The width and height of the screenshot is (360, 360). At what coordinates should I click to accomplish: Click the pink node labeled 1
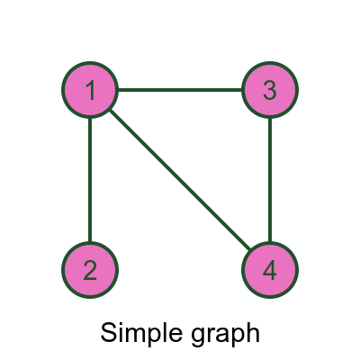click(x=90, y=90)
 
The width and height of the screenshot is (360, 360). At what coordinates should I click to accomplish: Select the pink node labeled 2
click(x=90, y=270)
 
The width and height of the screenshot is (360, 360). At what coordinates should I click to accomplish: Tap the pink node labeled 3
click(x=270, y=90)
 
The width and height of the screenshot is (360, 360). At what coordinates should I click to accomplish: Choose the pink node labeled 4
click(x=270, y=270)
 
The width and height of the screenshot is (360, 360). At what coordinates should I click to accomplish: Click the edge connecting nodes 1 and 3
click(x=180, y=90)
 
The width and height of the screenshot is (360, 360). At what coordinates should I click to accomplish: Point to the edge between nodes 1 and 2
click(x=90, y=180)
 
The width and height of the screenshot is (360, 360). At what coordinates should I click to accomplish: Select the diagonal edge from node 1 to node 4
click(x=180, y=180)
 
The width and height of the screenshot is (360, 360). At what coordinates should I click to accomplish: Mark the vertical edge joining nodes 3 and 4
click(x=270, y=180)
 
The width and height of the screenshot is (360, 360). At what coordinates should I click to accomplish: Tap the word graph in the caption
click(x=220, y=335)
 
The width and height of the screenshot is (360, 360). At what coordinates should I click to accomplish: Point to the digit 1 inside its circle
click(x=90, y=90)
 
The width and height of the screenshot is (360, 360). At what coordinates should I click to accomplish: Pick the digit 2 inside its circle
click(x=90, y=270)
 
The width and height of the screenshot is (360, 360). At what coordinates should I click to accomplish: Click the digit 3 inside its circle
click(x=270, y=90)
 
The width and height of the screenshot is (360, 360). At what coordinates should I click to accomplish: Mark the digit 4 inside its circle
click(x=270, y=270)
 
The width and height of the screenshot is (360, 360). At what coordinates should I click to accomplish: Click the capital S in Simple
click(x=108, y=332)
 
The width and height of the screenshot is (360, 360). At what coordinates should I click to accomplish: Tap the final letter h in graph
click(x=253, y=332)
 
